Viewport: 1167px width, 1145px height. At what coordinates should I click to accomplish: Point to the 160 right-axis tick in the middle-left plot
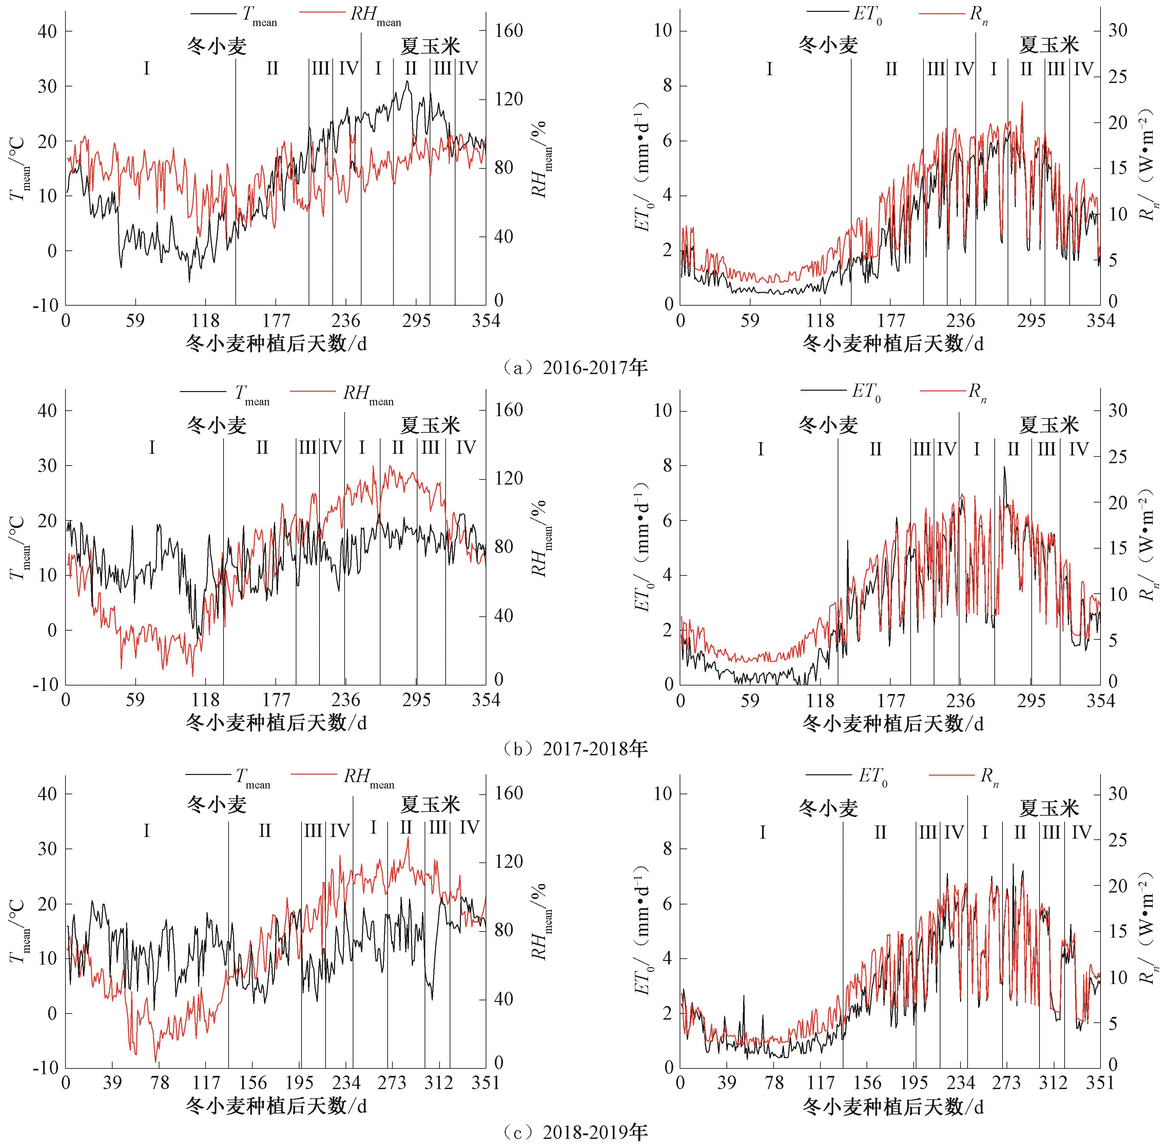(509, 410)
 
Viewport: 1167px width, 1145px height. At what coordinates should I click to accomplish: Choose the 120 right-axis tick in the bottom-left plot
(509, 862)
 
